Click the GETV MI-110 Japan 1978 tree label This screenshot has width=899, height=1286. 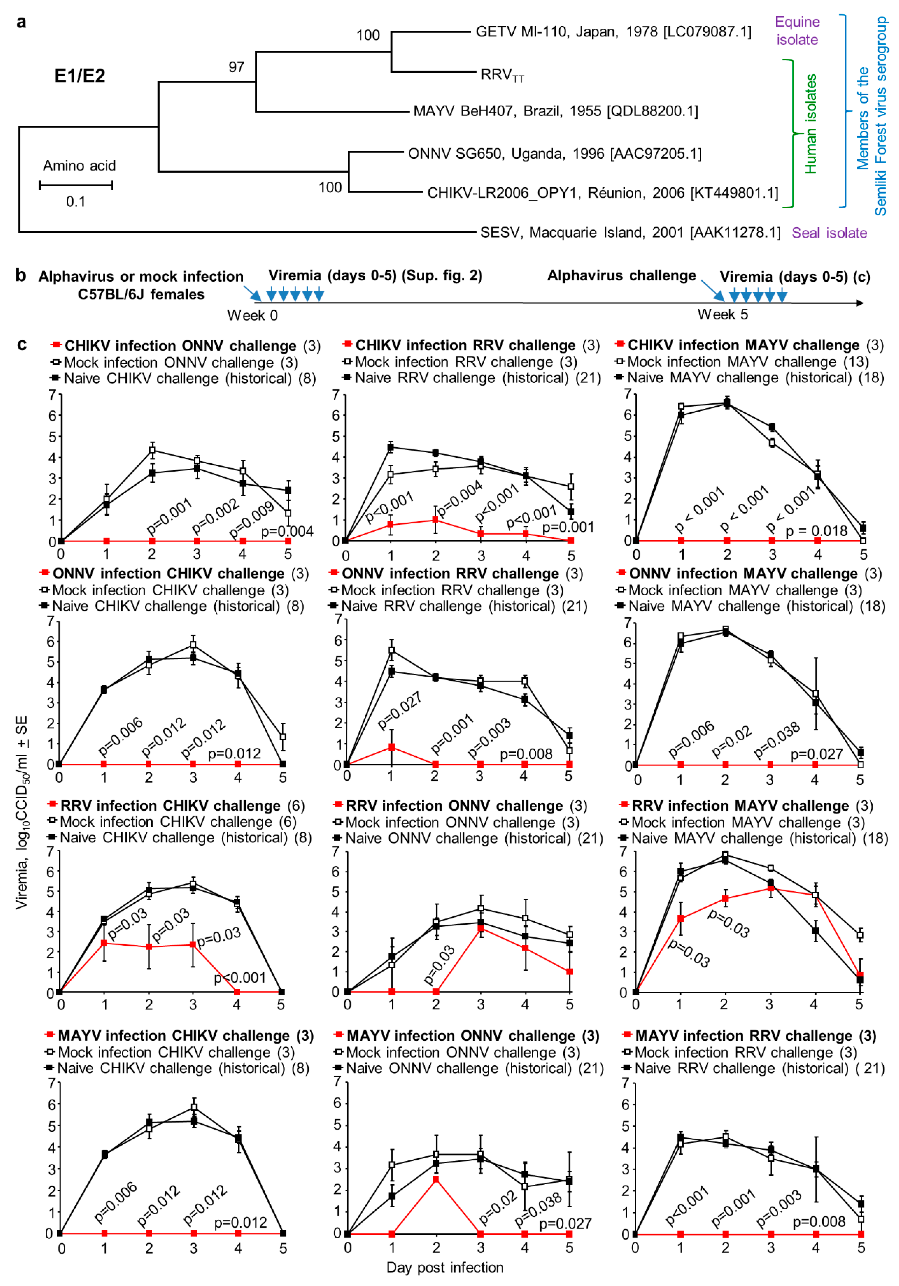tap(613, 32)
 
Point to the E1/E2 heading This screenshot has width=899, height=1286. tap(79, 76)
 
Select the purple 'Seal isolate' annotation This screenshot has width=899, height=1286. tap(829, 233)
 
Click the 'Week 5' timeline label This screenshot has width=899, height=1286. tap(722, 315)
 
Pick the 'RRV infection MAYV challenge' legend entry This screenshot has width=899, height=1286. tap(740, 806)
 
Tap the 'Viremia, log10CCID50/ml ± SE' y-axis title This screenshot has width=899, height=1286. tap(21, 812)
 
